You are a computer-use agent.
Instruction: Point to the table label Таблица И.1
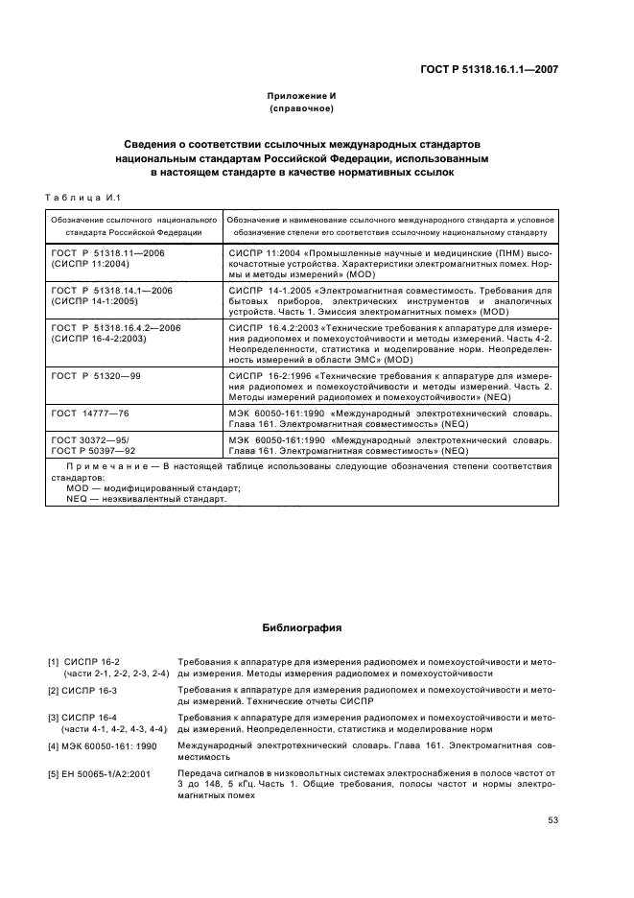(81, 198)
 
